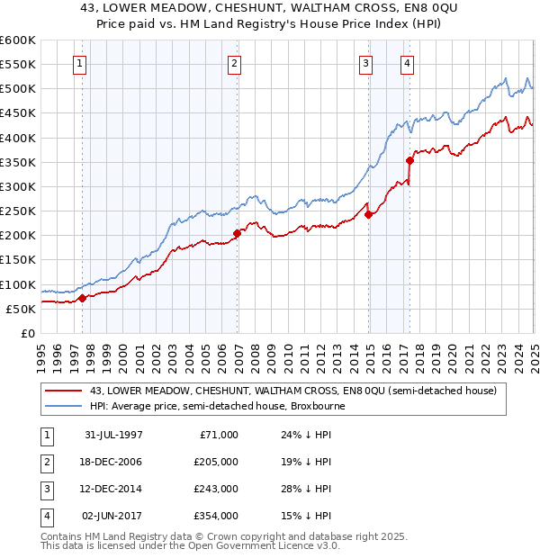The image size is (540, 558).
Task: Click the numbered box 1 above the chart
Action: (x=81, y=63)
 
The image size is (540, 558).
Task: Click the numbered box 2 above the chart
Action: (x=234, y=63)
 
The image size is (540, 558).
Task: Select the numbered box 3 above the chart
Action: (x=366, y=63)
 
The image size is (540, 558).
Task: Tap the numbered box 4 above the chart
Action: (x=408, y=63)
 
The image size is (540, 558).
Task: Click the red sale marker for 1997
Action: (x=82, y=298)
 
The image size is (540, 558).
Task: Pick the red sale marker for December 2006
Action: (x=237, y=233)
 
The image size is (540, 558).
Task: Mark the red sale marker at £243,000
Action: (x=368, y=214)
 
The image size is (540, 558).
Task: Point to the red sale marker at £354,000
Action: (x=409, y=160)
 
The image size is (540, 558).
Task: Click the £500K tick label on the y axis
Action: (x=18, y=89)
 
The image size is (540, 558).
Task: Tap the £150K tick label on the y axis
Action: (x=18, y=260)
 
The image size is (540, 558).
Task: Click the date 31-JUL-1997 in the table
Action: (x=113, y=435)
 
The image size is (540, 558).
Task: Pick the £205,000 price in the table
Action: (x=217, y=462)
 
